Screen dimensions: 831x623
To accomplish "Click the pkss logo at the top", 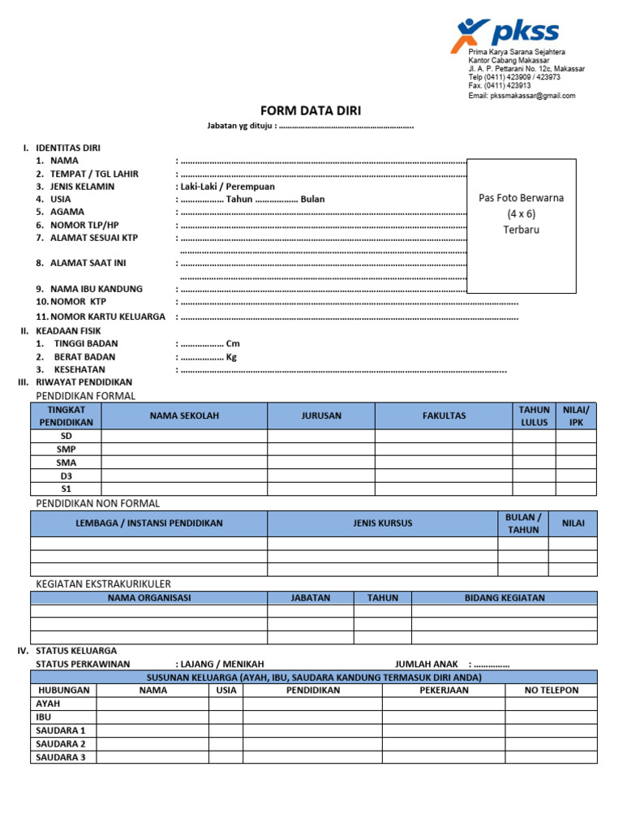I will (505, 33).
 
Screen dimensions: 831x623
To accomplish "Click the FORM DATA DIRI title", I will (311, 111).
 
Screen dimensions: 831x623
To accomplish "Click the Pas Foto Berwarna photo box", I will (522, 226).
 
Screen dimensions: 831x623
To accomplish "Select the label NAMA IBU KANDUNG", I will (96, 289).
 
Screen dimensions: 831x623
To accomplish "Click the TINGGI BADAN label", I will (86, 344).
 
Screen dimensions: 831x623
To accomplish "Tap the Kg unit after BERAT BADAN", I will (231, 357).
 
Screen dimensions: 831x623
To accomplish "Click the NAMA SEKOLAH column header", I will (184, 416).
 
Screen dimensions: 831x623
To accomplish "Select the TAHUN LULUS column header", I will (534, 416).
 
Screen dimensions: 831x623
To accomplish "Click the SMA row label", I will (67, 463).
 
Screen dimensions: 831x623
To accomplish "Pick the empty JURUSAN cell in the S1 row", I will (320, 489).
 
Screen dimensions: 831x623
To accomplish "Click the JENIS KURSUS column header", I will (382, 523).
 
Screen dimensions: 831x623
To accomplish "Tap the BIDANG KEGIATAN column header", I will (504, 598).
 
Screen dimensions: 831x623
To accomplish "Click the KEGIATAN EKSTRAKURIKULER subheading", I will (103, 583).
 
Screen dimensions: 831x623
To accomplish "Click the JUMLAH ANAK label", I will (427, 664).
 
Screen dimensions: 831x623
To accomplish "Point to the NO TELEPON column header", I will (551, 691).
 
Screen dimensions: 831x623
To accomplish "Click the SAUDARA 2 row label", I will (61, 744).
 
